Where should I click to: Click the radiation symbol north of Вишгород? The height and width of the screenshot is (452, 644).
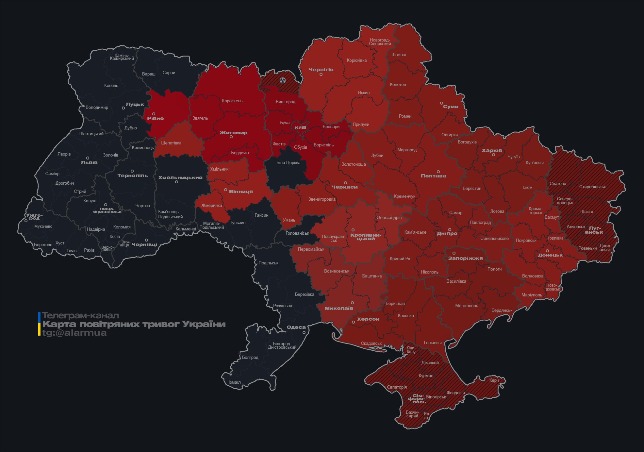[x=283, y=80]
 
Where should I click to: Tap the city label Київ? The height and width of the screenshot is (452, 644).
[x=301, y=127]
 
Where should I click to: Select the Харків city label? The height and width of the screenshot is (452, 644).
[x=492, y=151]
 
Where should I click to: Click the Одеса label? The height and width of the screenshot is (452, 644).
[x=296, y=327]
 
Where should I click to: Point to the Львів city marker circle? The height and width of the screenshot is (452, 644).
[x=88, y=158]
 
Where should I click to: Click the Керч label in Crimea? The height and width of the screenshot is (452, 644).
[x=494, y=380]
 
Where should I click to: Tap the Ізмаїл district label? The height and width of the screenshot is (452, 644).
[x=235, y=382]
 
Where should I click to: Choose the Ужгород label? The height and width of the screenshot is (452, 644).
[x=34, y=217]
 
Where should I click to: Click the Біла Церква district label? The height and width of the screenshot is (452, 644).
[x=288, y=162]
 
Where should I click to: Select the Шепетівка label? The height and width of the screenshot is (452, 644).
[x=171, y=143]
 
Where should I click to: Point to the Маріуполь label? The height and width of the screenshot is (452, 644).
[x=532, y=295]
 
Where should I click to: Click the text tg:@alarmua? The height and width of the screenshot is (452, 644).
[x=74, y=333]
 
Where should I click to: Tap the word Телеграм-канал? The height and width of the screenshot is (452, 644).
[x=80, y=316]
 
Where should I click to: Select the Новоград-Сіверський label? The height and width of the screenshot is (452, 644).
[x=380, y=42]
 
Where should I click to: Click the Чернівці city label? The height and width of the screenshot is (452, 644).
[x=144, y=244]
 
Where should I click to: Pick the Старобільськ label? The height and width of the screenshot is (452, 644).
[x=592, y=187]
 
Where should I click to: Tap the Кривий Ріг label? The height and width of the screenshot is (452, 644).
[x=400, y=259]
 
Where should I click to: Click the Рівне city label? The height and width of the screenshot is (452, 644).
[x=155, y=118]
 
